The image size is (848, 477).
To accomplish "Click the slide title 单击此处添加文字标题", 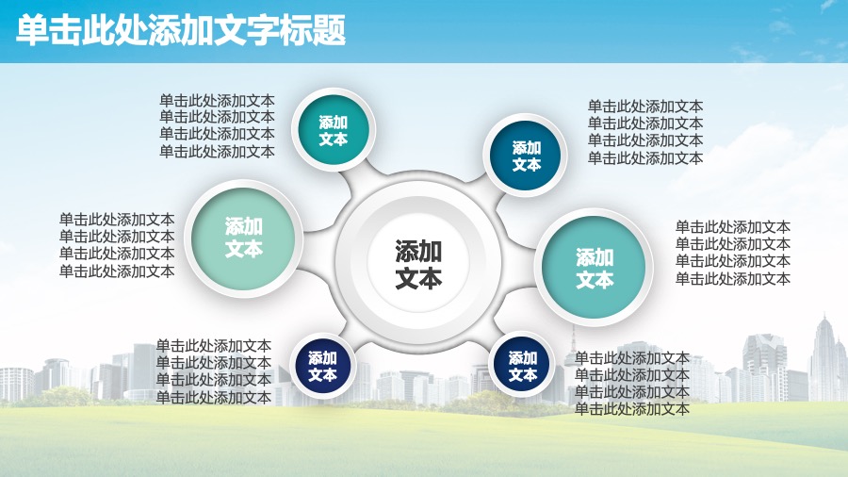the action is tap(181, 30).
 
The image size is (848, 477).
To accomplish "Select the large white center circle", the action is tap(418, 263).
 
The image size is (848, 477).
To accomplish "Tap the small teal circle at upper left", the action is tap(334, 130).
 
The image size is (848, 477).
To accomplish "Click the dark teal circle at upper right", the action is tap(526, 156).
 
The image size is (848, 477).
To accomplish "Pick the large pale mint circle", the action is tap(243, 238).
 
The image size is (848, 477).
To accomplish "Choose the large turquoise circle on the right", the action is tap(594, 267).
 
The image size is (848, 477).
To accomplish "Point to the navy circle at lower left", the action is tap(322, 366).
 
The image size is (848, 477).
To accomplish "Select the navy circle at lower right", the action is tap(522, 366).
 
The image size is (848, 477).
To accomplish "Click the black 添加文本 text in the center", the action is tap(418, 264).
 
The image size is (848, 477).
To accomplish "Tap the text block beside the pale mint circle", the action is tap(117, 245).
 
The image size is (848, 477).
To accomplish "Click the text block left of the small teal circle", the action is tap(217, 125).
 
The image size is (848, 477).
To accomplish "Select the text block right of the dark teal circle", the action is tap(645, 132).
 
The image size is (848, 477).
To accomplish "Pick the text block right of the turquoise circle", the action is tap(733, 253).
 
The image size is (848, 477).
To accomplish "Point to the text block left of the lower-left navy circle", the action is tap(214, 371).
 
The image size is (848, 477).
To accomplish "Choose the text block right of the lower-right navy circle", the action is tap(631, 384).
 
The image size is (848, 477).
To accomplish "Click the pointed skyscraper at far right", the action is tap(824, 357).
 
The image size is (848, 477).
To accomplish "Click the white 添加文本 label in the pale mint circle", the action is tap(243, 238).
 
